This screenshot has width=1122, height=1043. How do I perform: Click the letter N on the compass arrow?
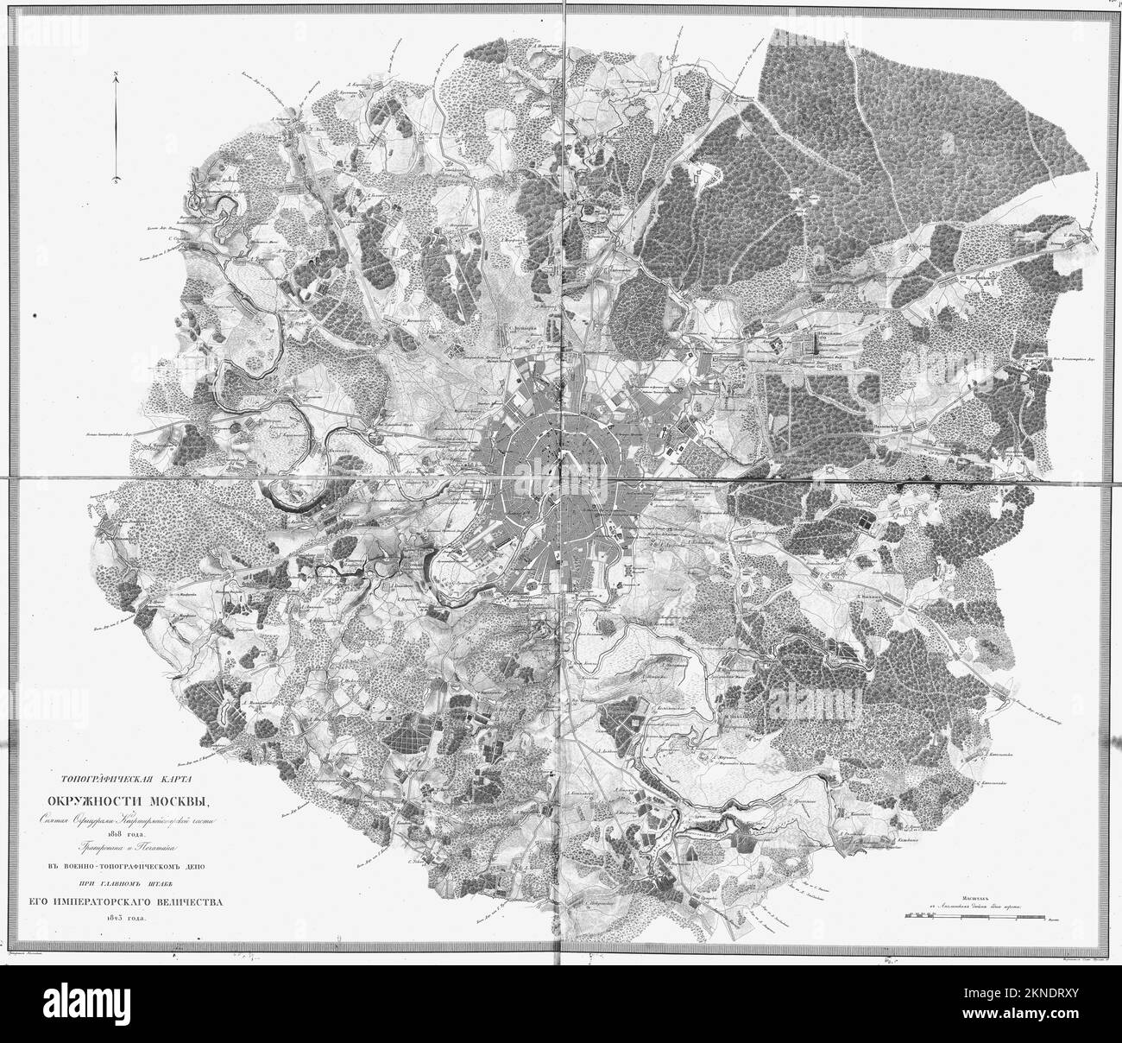tap(115, 76)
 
